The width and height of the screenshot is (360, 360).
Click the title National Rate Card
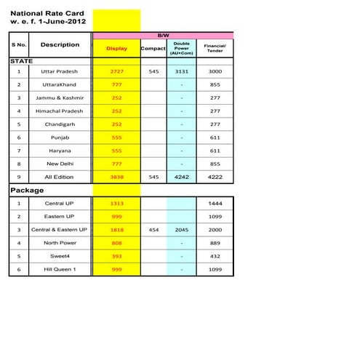click(47, 13)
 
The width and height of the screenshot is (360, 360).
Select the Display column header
click(116, 49)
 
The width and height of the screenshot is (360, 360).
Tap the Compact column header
click(153, 49)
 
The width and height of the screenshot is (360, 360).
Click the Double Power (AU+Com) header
click(181, 48)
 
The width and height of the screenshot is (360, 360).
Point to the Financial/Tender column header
click(215, 49)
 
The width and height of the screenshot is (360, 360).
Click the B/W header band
click(162, 35)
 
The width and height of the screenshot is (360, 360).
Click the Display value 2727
click(116, 71)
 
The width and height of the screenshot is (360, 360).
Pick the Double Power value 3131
click(181, 71)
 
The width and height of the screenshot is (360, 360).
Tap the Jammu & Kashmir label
click(60, 97)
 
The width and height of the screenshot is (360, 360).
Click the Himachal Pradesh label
click(60, 111)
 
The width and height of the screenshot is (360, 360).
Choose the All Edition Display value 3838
click(116, 176)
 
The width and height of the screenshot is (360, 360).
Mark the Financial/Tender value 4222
click(215, 176)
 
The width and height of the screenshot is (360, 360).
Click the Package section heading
click(28, 190)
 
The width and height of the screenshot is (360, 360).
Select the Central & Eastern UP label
click(59, 229)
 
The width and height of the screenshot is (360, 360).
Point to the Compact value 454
click(153, 229)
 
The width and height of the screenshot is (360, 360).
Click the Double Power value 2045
click(181, 229)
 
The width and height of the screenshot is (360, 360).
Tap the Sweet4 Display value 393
click(116, 256)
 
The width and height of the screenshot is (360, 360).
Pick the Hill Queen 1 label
click(60, 269)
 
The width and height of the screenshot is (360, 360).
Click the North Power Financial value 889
click(215, 243)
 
